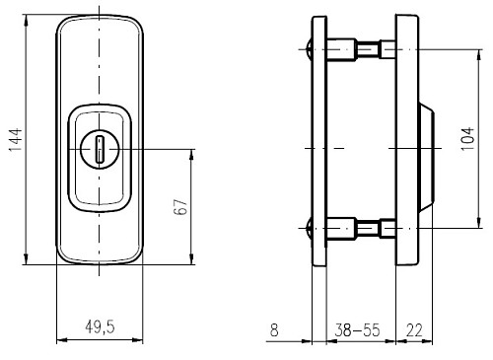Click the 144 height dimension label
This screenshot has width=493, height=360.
tap(16, 140)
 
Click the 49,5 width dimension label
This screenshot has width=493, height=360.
tap(100, 327)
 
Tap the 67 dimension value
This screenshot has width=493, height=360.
tap(180, 207)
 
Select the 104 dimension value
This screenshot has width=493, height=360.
tap(467, 139)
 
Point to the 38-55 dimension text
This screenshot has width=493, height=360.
tap(357, 329)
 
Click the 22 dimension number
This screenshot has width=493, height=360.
tap(414, 330)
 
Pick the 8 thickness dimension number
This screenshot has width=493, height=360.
tap(274, 330)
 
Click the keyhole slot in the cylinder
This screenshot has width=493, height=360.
tap(99, 150)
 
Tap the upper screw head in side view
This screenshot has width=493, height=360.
tap(309, 49)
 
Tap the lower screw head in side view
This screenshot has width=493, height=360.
tap(309, 228)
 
